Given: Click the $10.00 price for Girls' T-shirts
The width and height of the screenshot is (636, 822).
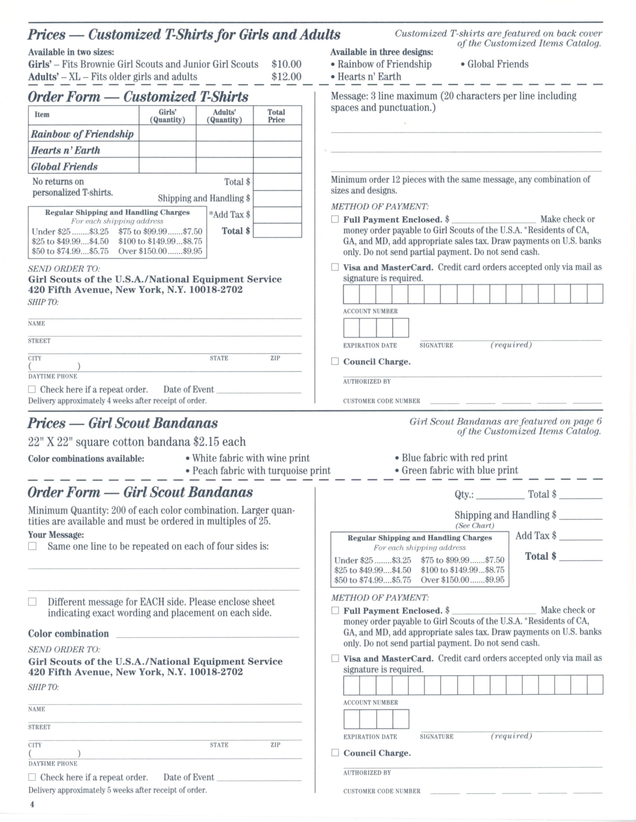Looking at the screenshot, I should [x=286, y=64].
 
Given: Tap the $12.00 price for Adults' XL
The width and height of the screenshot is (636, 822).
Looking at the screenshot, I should [x=286, y=77].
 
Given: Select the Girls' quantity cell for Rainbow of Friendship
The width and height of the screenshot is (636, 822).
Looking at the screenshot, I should [x=167, y=133].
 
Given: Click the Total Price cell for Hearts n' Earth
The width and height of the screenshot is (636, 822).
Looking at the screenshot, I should [x=277, y=149].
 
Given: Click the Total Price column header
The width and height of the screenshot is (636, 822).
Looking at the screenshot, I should [x=276, y=116].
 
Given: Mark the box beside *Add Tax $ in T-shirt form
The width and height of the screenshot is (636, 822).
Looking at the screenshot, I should [x=277, y=215].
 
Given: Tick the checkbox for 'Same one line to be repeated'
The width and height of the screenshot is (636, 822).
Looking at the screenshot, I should [x=32, y=546].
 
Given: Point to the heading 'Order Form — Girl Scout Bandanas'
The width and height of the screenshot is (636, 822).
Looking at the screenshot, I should [x=140, y=492].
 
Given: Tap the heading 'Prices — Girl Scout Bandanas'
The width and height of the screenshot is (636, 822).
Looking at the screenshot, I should [x=123, y=423].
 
